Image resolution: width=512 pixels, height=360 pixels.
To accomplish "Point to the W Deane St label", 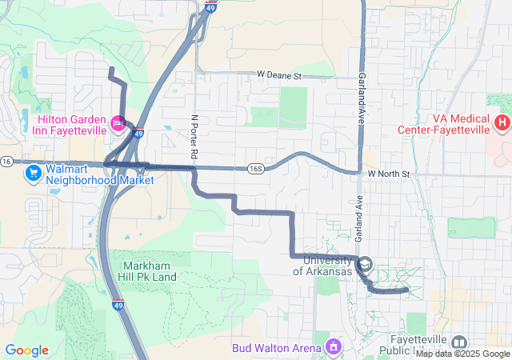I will (278, 75).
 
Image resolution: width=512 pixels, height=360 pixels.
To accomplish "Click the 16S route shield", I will (255, 169).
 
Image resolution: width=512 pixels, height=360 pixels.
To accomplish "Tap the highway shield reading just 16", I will (6, 162).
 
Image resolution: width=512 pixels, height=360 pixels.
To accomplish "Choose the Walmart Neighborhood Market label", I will (88, 174).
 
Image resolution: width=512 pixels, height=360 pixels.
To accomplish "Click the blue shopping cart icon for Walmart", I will (33, 174).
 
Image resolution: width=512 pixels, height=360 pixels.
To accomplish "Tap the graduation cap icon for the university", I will (365, 264).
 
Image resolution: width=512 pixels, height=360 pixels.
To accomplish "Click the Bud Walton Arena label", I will (277, 348).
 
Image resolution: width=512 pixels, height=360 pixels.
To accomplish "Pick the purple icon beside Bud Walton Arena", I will (333, 348).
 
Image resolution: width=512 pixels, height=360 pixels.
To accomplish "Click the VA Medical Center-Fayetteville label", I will (444, 122).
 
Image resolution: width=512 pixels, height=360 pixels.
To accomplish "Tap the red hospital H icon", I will (502, 122).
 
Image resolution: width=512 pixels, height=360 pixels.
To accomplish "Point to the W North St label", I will (389, 174).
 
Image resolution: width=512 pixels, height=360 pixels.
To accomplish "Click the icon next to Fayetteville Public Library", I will (459, 342).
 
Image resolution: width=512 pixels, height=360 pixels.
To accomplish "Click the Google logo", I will (26, 350).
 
